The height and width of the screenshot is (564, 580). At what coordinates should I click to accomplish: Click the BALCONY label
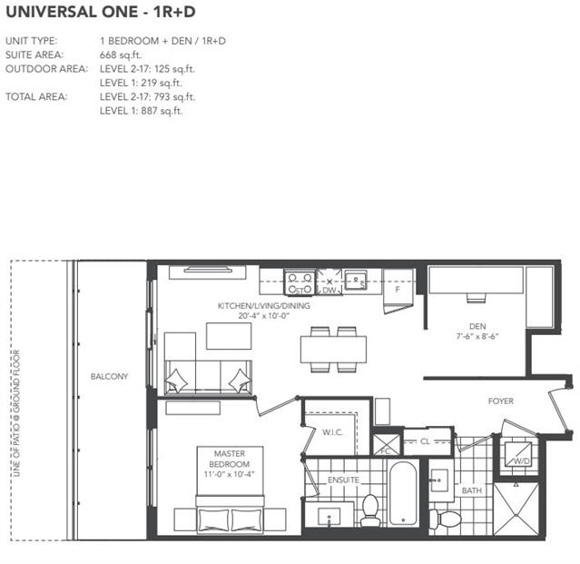109,376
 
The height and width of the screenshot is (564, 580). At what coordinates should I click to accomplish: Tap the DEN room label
477,326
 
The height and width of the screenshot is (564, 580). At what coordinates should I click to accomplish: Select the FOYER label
500,401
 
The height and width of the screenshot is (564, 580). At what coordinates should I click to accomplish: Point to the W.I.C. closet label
332,432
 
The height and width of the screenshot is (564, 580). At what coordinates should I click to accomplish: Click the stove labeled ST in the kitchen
300,282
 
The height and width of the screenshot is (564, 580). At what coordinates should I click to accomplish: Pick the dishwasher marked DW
329,282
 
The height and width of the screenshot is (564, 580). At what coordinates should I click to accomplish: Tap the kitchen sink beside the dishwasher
356,280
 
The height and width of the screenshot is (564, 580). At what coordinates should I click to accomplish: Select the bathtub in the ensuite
403,493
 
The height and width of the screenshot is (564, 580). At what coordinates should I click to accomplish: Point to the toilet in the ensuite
370,510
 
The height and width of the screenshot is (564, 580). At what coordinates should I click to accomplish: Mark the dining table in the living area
333,349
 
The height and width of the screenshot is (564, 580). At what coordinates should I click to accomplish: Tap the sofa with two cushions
208,377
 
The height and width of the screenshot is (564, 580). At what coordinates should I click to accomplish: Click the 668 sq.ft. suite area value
121,55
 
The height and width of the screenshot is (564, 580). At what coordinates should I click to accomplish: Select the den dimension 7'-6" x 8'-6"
477,336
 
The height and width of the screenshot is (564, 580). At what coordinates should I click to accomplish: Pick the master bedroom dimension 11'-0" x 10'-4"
230,474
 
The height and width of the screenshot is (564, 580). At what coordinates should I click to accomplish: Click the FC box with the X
387,445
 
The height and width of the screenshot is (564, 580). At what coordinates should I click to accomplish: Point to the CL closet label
425,441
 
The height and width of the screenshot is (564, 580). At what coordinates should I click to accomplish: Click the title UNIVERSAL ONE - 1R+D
101,12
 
